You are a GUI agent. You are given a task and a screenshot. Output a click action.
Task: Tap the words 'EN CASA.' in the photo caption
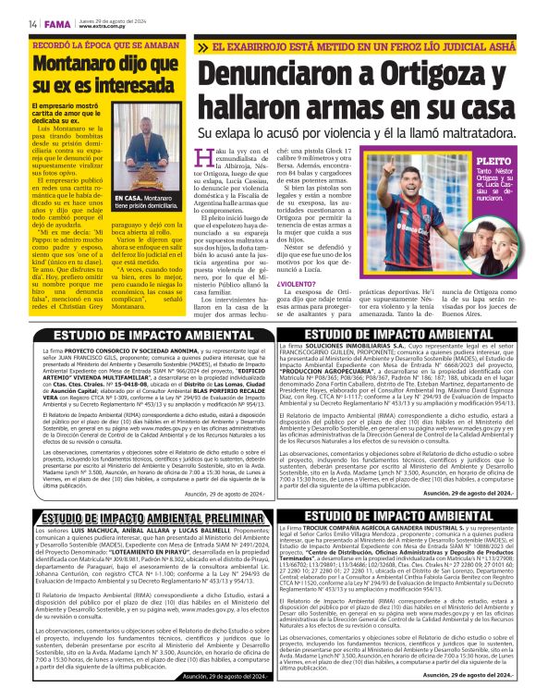(x=128, y=198)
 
